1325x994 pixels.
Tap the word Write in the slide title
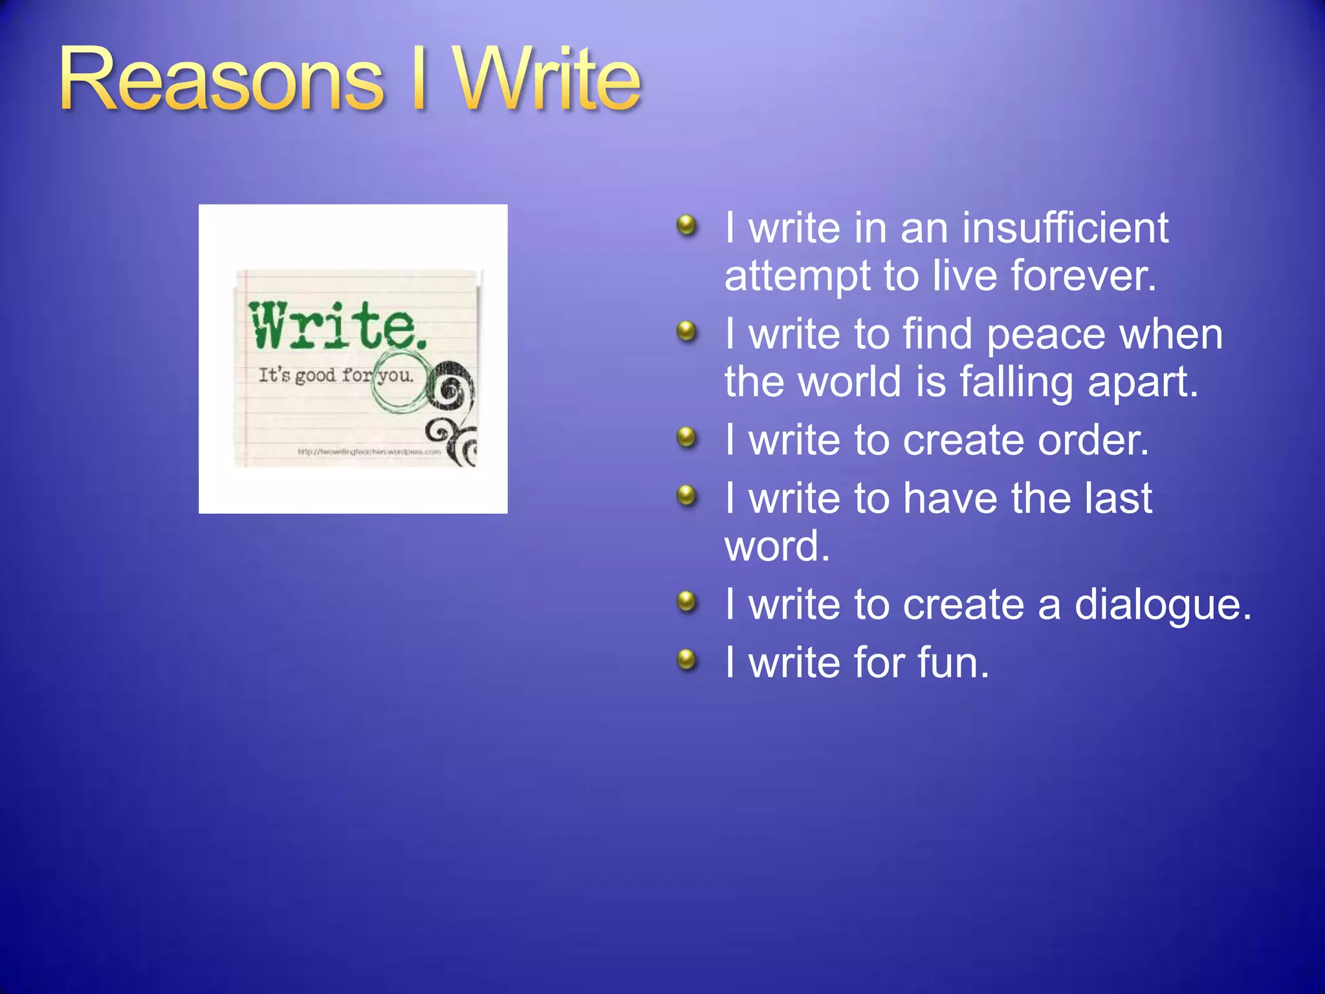pos(547,81)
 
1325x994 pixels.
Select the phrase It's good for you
pos(335,375)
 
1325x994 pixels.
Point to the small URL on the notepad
pos(369,452)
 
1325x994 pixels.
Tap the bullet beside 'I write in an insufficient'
pos(686,226)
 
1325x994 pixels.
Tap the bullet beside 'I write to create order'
pos(686,437)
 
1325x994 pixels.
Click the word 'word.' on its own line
pos(776,546)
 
